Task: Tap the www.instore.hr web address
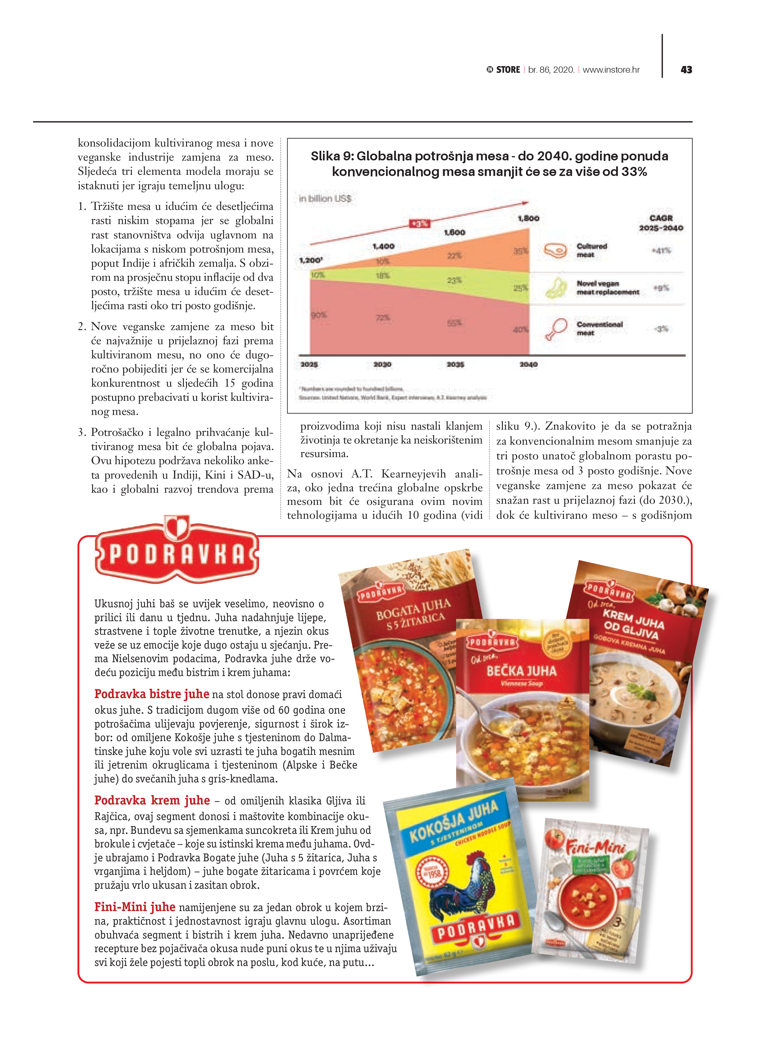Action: point(611,70)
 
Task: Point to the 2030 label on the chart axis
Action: point(382,364)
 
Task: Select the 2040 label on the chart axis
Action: point(529,364)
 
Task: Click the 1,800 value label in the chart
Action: point(528,218)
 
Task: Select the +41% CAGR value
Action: point(661,251)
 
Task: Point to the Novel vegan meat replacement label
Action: point(607,288)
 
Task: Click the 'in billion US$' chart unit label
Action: point(325,199)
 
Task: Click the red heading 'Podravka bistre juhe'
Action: point(152,694)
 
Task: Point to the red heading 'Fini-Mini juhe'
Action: point(135,907)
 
